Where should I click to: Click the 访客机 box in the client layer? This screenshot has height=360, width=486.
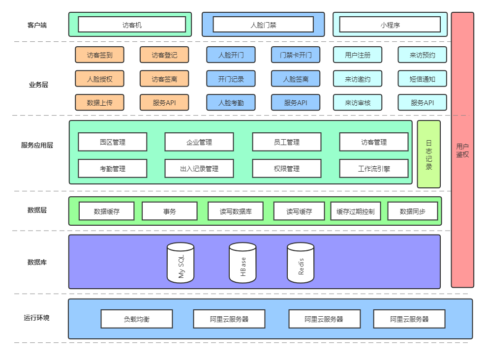pyautogui.click(x=132, y=25)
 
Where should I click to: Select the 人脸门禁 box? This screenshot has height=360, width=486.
pyautogui.click(x=263, y=25)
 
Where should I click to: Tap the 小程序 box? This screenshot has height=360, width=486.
pyautogui.click(x=390, y=25)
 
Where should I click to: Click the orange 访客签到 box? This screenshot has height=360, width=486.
pyautogui.click(x=99, y=55)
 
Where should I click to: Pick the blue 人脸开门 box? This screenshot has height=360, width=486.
pyautogui.click(x=231, y=55)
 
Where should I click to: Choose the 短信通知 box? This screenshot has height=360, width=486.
pyautogui.click(x=422, y=79)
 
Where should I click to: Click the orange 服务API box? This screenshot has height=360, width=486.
pyautogui.click(x=164, y=103)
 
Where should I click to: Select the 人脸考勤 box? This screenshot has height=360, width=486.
pyautogui.click(x=231, y=103)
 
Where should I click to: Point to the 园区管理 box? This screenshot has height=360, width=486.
pyautogui.click(x=113, y=142)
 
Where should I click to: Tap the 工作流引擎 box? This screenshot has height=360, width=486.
pyautogui.click(x=374, y=169)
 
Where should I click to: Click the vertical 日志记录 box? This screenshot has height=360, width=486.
pyautogui.click(x=429, y=154)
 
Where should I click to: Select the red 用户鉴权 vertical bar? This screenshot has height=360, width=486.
pyautogui.click(x=462, y=150)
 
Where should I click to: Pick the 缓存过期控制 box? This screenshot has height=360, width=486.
pyautogui.click(x=356, y=211)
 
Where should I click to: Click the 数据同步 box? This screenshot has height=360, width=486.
pyautogui.click(x=412, y=211)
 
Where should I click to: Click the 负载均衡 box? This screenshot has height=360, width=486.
pyautogui.click(x=137, y=319)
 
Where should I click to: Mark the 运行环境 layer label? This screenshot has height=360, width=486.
pyautogui.click(x=37, y=318)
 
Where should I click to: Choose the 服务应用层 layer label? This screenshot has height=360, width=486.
pyautogui.click(x=37, y=145)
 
